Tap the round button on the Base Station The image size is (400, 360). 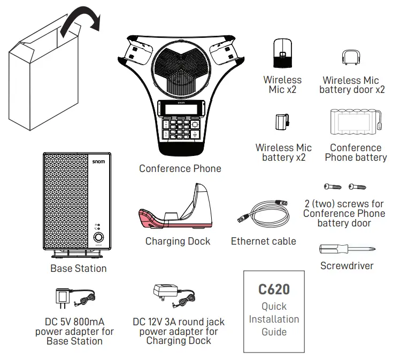click(98, 238)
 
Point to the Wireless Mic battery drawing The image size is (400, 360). click(282, 124)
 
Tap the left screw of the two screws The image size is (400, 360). click(332, 187)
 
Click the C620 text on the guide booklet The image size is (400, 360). click(274, 289)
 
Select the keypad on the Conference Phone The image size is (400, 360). click(181, 128)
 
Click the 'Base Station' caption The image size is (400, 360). click(79, 269)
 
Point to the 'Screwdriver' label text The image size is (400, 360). click(347, 265)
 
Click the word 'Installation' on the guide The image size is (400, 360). click(274, 319)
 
